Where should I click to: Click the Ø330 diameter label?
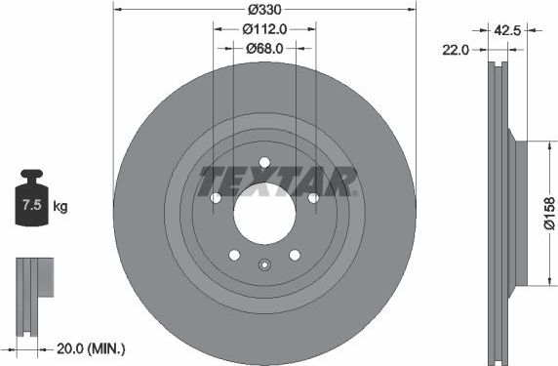264,10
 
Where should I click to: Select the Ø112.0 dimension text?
264,29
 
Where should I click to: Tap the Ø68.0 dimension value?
264,48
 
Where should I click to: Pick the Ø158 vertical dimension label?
548,212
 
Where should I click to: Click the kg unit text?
60,206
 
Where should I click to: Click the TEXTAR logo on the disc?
278,182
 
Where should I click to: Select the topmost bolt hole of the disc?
264,163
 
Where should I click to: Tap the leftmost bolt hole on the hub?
216,198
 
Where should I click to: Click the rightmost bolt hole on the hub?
313,198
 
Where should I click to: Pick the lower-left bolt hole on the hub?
234,255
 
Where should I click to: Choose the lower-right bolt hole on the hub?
295,255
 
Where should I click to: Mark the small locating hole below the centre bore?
264,264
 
